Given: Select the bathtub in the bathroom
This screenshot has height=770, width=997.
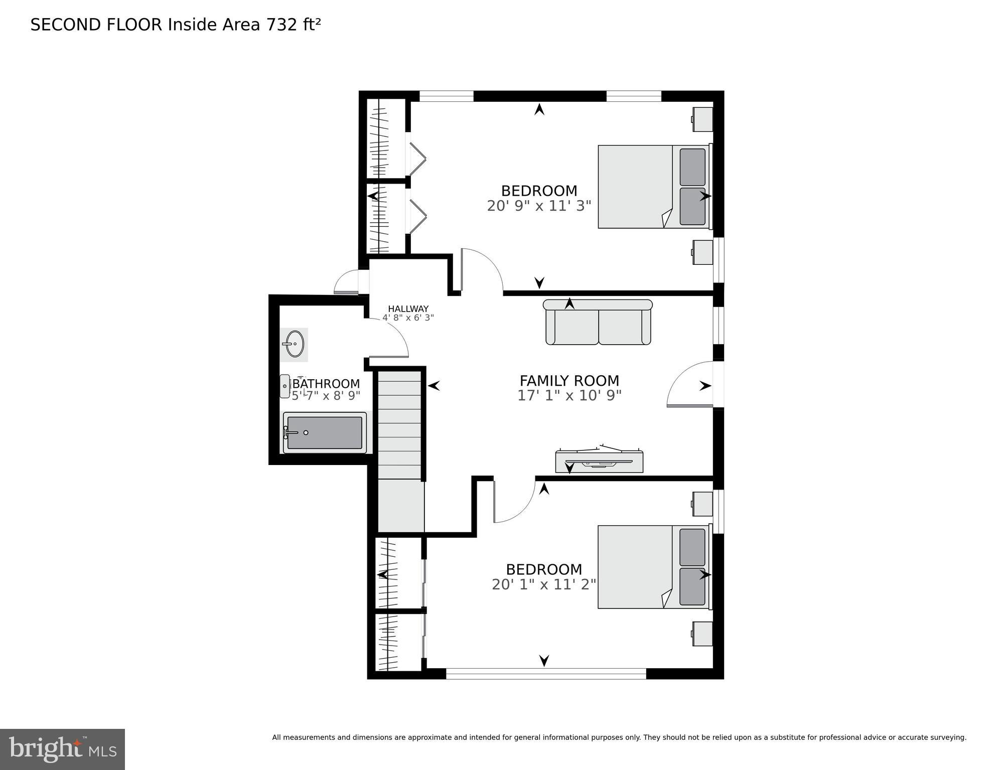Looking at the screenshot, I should pyautogui.click(x=325, y=432).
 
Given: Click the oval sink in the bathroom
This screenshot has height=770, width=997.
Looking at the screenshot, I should pyautogui.click(x=295, y=344).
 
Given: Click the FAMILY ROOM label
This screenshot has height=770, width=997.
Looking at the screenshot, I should pyautogui.click(x=569, y=381).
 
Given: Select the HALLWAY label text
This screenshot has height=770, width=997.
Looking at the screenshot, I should pyautogui.click(x=408, y=309).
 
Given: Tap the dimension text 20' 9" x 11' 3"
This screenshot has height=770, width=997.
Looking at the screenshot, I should pyautogui.click(x=539, y=206).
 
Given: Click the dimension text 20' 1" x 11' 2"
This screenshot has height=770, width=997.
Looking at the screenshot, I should pyautogui.click(x=543, y=584).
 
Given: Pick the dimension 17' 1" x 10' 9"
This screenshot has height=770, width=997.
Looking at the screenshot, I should pyautogui.click(x=569, y=396).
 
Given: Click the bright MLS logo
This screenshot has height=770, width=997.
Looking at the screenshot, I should pyautogui.click(x=62, y=749).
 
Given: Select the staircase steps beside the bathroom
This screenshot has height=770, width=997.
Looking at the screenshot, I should pyautogui.click(x=399, y=424).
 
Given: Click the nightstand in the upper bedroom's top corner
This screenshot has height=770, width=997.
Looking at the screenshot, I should pyautogui.click(x=702, y=119).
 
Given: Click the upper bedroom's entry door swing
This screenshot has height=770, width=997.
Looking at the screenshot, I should pyautogui.click(x=481, y=271).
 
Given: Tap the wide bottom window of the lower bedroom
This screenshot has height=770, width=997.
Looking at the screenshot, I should pyautogui.click(x=546, y=674).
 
